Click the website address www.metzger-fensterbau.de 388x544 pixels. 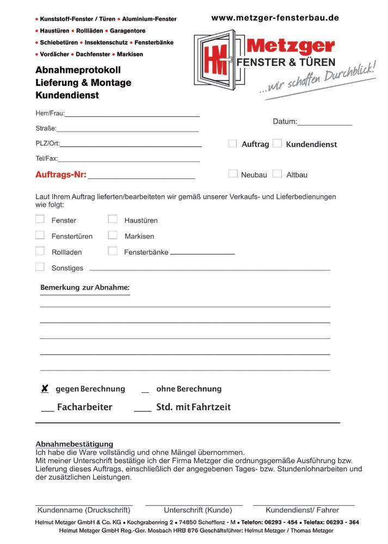pos(275,18)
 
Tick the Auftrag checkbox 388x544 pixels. pos(232,144)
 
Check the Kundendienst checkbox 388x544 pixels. pos(277,144)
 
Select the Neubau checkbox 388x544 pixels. pos(233,174)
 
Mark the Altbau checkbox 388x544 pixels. pos(277,174)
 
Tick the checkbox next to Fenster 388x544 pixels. pos(40,219)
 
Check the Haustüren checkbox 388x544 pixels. pos(113,219)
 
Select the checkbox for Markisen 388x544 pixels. pos(113,236)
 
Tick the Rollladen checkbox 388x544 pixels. pos(40,251)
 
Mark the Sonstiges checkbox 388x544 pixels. pos(40,267)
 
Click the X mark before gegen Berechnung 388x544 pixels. pos(45,389)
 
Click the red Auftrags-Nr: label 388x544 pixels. pos(60,175)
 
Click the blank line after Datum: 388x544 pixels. pos(325,123)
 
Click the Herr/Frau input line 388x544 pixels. pos(132,114)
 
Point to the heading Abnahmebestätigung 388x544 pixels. pos(74,444)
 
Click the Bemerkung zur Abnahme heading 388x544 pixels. pos(85,288)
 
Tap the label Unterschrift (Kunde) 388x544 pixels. pos(198,510)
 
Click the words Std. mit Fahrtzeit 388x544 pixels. pos(193,407)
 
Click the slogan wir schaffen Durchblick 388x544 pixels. pos(318,81)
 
